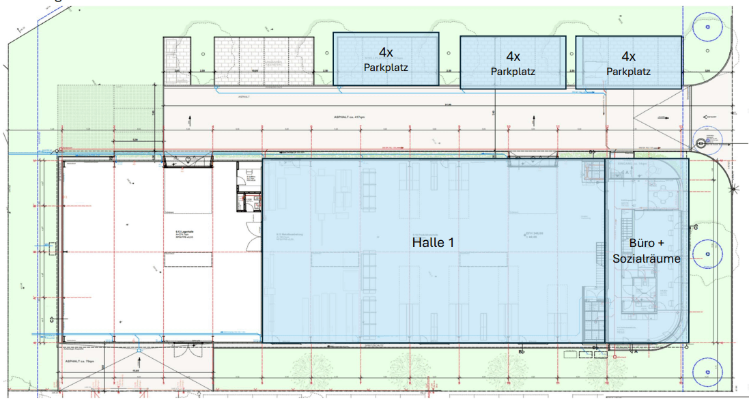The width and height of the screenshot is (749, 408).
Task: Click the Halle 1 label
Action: coord(433,242)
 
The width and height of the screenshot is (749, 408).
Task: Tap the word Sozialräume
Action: coord(646,259)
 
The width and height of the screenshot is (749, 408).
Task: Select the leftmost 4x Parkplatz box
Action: coord(386,59)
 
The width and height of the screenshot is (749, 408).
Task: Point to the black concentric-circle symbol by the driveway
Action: coord(701,143)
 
